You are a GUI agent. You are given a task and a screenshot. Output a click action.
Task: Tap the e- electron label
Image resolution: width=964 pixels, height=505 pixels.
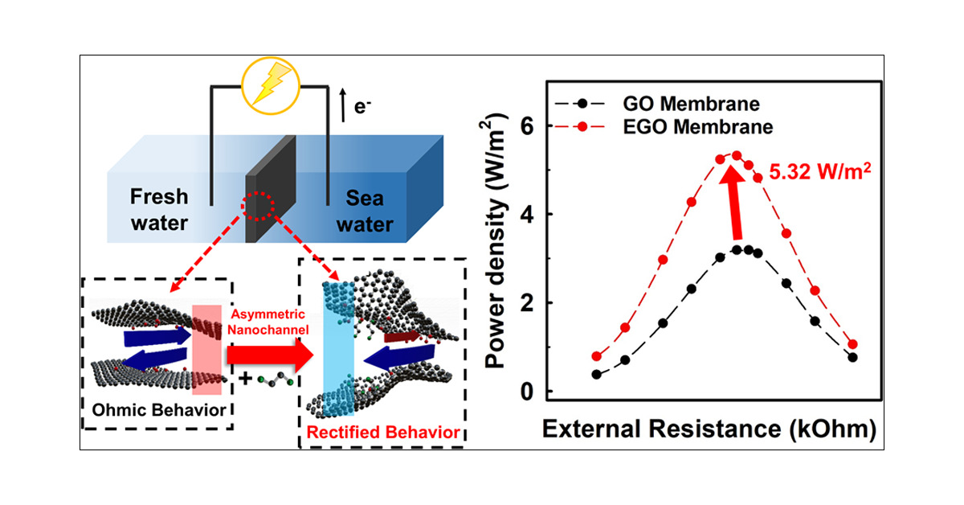362,107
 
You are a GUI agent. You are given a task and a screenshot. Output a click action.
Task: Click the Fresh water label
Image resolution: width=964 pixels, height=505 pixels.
159,210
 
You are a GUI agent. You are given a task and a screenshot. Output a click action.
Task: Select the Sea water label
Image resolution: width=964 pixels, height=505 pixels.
365,211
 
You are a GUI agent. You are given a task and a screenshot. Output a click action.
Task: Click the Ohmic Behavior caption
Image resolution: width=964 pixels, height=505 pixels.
159,410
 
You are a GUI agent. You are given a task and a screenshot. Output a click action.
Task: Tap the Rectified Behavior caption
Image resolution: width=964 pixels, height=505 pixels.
383,432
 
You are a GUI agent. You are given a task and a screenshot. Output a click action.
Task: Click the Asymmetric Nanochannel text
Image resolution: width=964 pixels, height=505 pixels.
268,322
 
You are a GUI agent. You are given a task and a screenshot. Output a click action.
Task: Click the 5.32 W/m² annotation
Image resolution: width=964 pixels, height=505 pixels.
820,171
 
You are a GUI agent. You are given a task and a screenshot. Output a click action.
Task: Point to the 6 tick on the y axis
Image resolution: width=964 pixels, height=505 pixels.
527,125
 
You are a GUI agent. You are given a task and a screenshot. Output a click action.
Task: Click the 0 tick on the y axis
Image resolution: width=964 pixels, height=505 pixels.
527,392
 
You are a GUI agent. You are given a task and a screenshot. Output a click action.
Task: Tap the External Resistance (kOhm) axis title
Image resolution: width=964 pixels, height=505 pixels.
709,429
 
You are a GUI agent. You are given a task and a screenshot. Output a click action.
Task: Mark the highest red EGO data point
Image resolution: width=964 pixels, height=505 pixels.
737,155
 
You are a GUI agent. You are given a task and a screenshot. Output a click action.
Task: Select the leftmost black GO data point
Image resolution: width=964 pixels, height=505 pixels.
596,375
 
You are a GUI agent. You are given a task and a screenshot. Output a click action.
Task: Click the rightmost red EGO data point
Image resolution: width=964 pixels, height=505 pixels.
852,344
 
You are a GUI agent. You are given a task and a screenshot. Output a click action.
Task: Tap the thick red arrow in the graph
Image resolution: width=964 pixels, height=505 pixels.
734,203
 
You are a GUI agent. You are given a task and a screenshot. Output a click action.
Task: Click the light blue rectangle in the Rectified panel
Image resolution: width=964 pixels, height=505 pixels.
338,349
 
